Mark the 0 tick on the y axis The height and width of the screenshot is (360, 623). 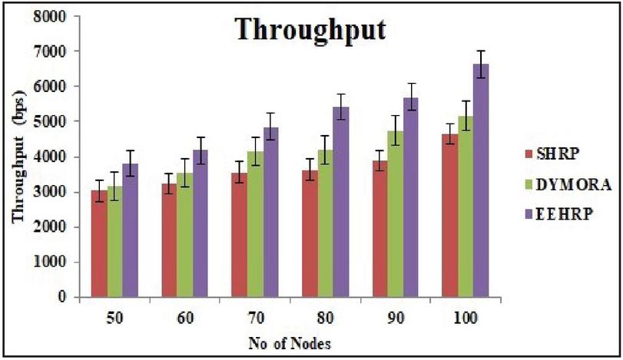pyautogui.click(x=68, y=297)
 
